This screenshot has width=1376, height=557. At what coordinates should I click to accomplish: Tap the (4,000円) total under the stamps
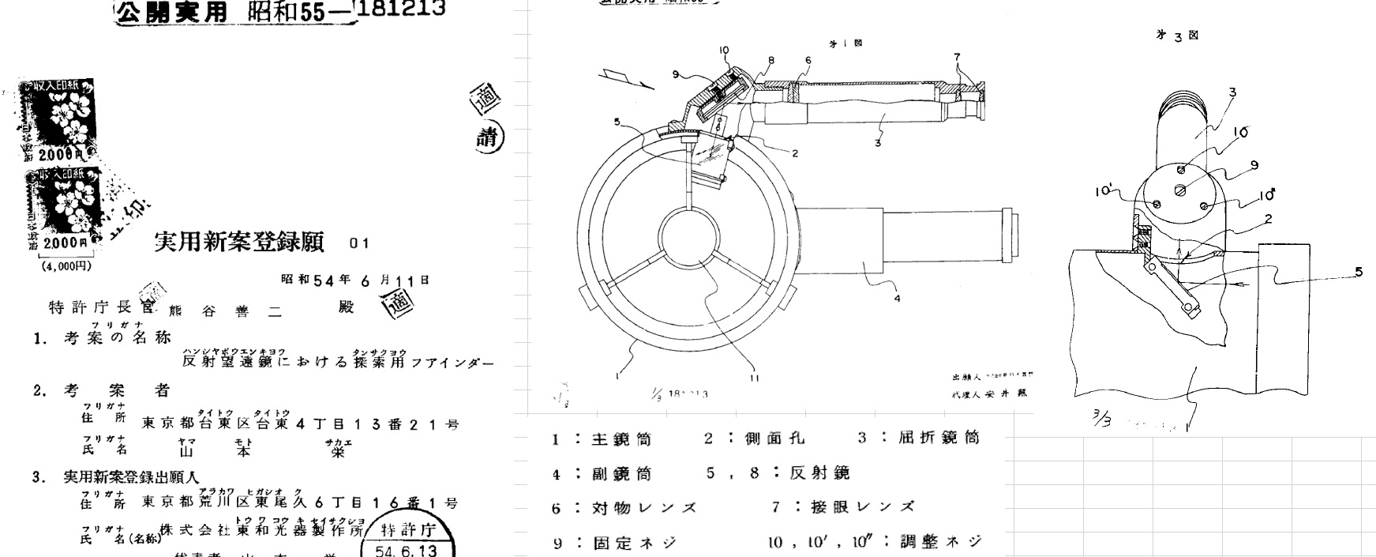point(66,266)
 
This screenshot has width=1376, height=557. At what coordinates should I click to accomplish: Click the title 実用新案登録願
point(239,243)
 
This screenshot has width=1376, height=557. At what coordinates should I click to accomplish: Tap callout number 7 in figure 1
point(957,57)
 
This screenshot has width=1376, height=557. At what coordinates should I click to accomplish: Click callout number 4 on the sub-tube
point(897,298)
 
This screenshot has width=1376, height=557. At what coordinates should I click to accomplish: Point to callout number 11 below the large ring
point(755,378)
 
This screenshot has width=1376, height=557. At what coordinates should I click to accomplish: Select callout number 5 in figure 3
point(1358,272)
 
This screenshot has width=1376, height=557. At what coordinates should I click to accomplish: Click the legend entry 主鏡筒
point(621,438)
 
